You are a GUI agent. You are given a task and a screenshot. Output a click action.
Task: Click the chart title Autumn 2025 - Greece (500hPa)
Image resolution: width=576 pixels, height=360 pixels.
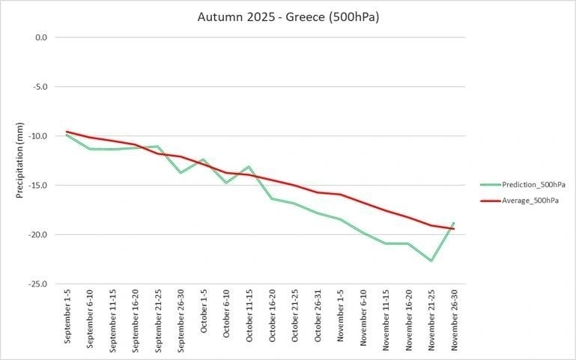point(288,16)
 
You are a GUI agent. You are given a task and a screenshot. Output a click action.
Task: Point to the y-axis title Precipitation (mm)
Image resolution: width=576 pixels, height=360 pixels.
point(20,160)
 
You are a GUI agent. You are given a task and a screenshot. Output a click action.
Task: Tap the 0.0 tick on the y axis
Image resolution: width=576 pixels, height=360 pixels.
point(41,37)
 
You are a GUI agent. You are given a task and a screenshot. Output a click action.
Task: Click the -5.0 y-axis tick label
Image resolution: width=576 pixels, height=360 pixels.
point(40,86)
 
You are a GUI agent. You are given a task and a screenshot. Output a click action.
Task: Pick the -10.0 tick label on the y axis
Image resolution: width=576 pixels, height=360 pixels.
point(38,135)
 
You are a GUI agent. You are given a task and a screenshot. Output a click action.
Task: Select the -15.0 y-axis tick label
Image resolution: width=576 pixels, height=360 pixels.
point(38,185)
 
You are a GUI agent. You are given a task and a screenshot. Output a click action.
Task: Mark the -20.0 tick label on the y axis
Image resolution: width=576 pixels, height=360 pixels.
point(38,234)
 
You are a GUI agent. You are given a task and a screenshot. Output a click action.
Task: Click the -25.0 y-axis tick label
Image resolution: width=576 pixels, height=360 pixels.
point(38,284)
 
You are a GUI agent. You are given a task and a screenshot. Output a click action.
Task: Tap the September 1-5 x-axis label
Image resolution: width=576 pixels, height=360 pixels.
point(68,318)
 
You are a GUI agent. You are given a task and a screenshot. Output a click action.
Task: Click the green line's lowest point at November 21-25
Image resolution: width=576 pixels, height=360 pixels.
point(431,260)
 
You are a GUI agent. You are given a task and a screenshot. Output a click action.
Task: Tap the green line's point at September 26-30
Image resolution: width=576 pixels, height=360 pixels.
point(181,173)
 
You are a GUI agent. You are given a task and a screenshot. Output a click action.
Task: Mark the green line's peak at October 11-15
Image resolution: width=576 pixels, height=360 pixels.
point(249,166)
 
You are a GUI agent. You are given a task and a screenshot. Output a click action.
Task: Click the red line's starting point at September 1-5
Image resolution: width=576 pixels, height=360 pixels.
point(67,132)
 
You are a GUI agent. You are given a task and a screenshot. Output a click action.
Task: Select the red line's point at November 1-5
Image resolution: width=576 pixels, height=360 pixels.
point(340,195)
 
